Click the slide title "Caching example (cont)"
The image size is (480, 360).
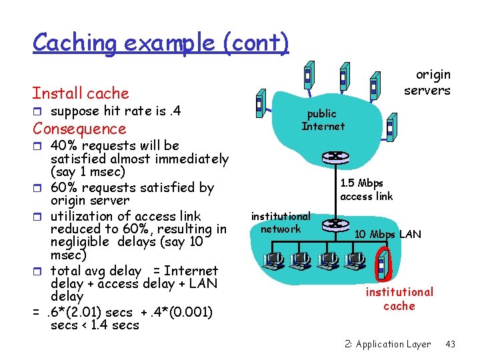pos(161,43)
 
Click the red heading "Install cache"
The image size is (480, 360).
pos(80,93)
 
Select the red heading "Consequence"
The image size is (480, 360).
pos(79,129)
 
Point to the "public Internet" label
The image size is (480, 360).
pos(323,120)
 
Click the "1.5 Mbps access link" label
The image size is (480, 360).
pos(366,189)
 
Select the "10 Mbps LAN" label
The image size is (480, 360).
pos(387,234)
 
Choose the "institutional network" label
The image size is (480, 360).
pos(281,223)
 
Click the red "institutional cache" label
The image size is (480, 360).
pos(399,299)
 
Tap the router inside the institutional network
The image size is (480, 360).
pos(335,225)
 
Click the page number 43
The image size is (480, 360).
pos(450,344)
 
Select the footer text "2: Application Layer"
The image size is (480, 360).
pos(388,344)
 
